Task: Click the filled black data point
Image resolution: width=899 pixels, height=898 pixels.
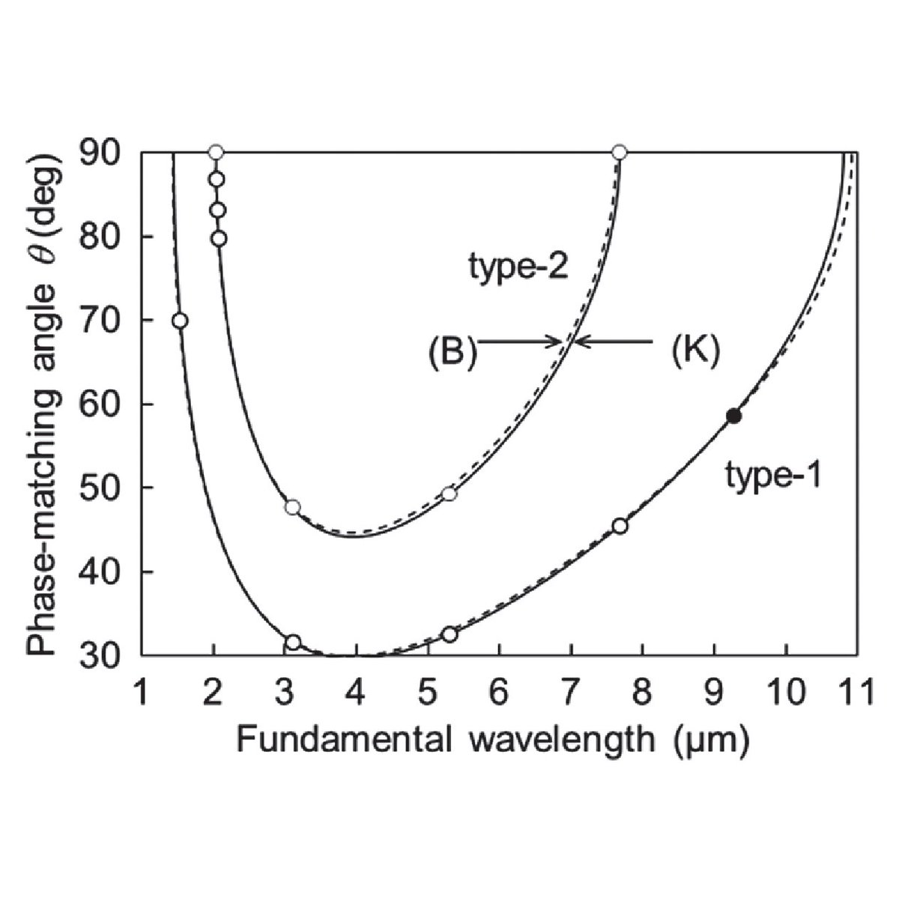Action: pyautogui.click(x=734, y=416)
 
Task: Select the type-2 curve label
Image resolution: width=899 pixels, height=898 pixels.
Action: pyautogui.click(x=519, y=267)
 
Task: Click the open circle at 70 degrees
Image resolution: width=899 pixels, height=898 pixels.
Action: pyautogui.click(x=179, y=321)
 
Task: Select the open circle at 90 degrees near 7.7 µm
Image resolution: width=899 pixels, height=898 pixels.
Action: pyautogui.click(x=619, y=153)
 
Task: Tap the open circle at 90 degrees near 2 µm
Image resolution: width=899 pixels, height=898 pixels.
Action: pyautogui.click(x=216, y=153)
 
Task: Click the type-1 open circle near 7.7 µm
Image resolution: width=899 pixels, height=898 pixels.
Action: pyautogui.click(x=620, y=526)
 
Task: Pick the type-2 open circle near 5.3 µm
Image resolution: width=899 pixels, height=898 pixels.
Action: pyautogui.click(x=449, y=494)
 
